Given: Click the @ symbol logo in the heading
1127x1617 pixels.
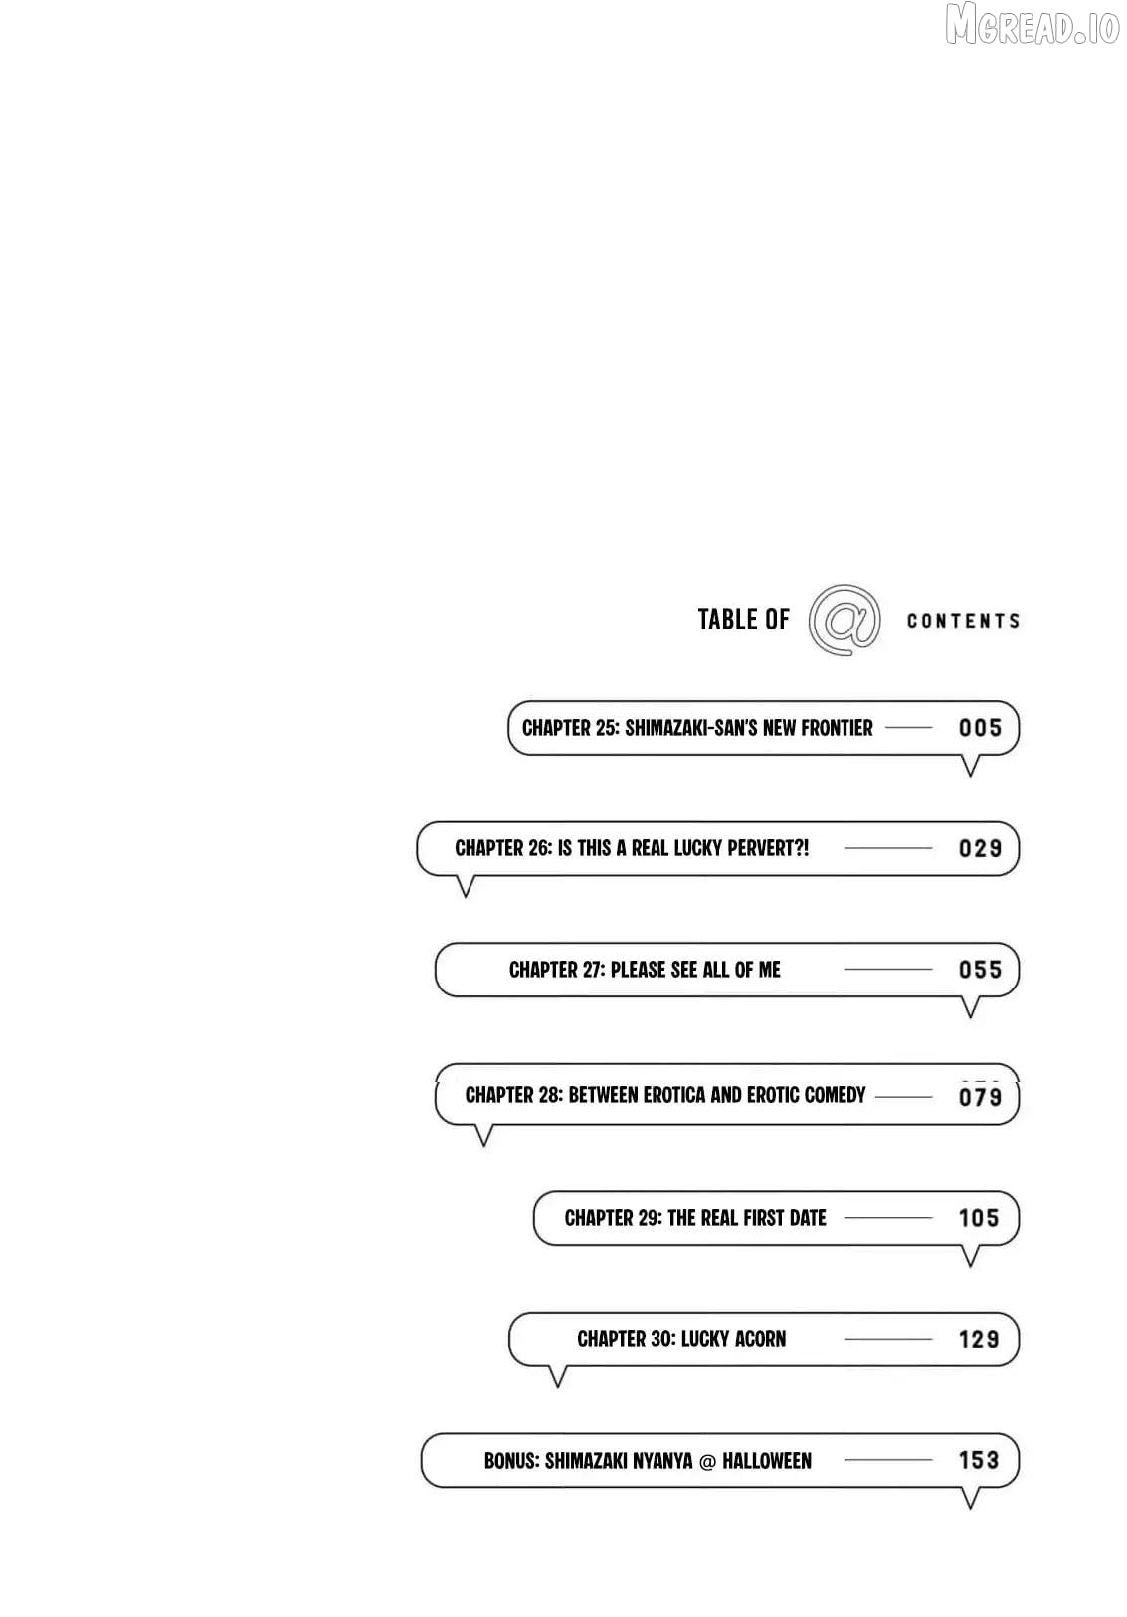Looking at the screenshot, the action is (x=844, y=621).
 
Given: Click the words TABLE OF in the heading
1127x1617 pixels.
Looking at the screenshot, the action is (x=743, y=620).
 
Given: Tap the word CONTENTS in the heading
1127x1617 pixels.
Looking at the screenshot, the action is (x=963, y=621).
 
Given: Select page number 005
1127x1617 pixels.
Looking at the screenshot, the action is (x=980, y=728).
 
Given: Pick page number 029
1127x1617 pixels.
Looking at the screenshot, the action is (x=980, y=848).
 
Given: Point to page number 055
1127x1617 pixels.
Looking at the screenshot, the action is (x=980, y=970).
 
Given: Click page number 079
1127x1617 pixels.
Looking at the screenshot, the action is (x=980, y=1097).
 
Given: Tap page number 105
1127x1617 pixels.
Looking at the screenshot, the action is (x=978, y=1218).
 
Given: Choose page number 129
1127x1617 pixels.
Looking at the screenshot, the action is (x=978, y=1340).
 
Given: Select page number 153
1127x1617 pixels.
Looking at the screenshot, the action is (x=978, y=1460).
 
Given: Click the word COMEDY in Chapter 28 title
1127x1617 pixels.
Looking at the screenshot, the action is (x=835, y=1095).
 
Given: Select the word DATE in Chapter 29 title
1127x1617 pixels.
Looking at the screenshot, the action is (x=808, y=1218).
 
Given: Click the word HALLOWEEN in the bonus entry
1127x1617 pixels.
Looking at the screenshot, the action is (x=767, y=1461).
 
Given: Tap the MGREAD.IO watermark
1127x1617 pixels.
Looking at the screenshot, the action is (x=1033, y=25).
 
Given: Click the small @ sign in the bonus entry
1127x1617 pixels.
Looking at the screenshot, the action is (x=707, y=1462).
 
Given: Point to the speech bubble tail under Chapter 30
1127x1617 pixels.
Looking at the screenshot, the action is (x=557, y=1375).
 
